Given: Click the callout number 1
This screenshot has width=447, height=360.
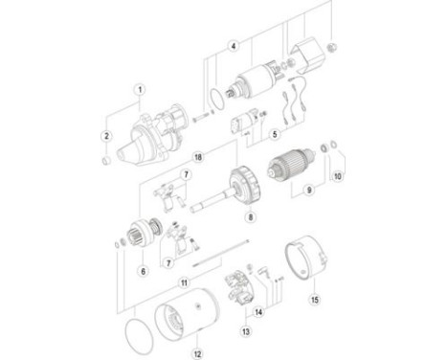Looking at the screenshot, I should click(138, 90).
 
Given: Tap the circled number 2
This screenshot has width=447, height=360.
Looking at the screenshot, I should click(106, 137).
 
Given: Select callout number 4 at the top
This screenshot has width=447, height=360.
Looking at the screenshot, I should click(233, 45).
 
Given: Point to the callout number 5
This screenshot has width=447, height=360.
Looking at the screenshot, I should click(274, 134).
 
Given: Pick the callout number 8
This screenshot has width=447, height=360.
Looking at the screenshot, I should click(251, 217).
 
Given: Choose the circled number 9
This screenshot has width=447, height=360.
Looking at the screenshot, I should click(308, 191).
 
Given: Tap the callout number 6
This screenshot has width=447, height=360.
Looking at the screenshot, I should click(144, 272).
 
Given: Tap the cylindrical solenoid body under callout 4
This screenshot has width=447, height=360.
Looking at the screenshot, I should click(255, 82).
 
